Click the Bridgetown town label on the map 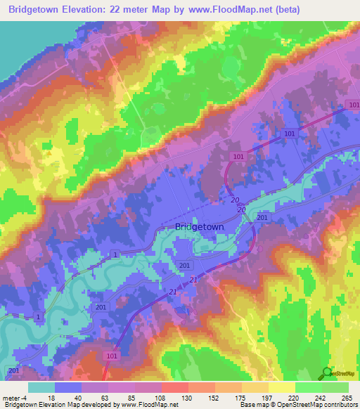199,227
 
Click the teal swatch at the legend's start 41,387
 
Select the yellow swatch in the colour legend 281,387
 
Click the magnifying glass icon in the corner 326,374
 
